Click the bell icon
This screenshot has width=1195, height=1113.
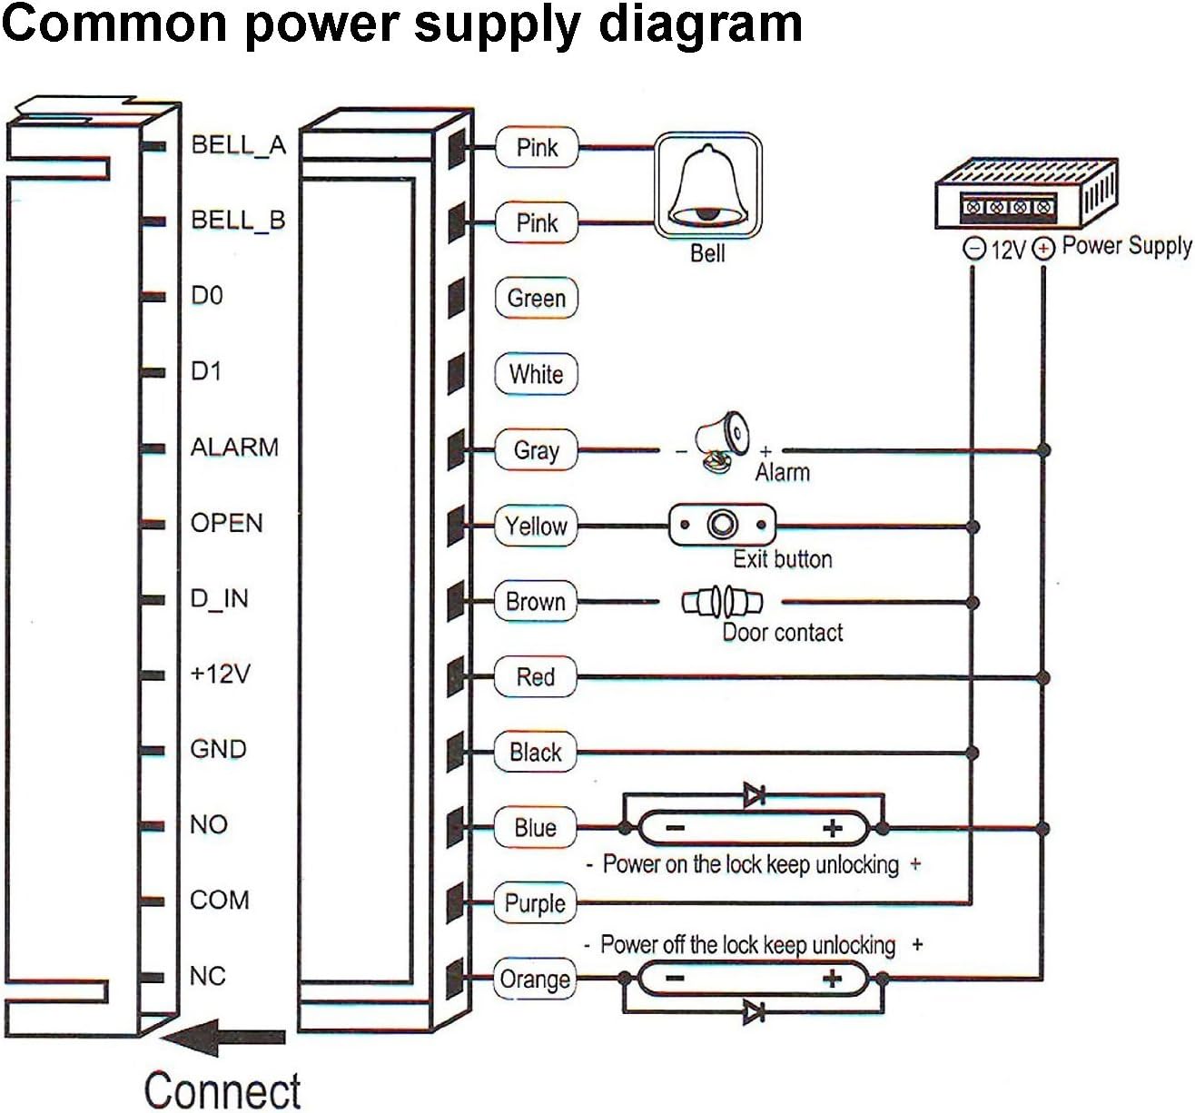click(x=707, y=185)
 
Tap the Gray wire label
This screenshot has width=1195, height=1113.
click(x=536, y=449)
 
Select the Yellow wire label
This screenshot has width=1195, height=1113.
click(x=536, y=526)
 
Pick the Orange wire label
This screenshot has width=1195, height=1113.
click(x=534, y=979)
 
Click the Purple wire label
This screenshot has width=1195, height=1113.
click(x=534, y=903)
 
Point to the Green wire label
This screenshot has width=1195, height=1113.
click(x=536, y=298)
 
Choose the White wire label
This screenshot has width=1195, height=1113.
click(x=536, y=374)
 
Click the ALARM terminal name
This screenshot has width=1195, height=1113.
click(x=234, y=447)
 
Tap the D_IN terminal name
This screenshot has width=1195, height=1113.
click(x=219, y=598)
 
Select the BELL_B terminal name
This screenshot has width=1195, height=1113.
click(x=238, y=221)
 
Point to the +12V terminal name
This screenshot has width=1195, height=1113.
click(x=220, y=674)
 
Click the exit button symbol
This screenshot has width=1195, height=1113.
click(x=722, y=525)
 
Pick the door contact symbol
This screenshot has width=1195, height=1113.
click(x=722, y=602)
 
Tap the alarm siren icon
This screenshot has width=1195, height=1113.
click(x=722, y=441)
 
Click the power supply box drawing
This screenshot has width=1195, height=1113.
click(x=1026, y=193)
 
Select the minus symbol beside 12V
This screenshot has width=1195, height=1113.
click(x=974, y=248)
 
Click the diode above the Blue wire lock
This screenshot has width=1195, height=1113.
click(x=754, y=794)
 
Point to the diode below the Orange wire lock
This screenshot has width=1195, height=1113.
click(x=754, y=1012)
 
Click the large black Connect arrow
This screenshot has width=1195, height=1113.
click(x=223, y=1037)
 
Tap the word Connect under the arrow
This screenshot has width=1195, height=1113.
click(x=222, y=1090)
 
